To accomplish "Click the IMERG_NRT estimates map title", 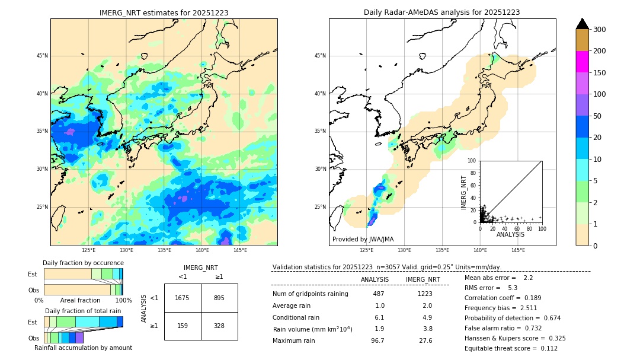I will pyautogui.click(x=164, y=12).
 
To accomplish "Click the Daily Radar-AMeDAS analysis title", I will pyautogui.click(x=442, y=12).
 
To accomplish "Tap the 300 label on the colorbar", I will pyautogui.click(x=600, y=30).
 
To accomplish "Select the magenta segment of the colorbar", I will pyautogui.click(x=583, y=62).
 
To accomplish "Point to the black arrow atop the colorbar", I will pyautogui.click(x=583, y=24).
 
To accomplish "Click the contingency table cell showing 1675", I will pyautogui.click(x=183, y=298).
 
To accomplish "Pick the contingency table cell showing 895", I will pyautogui.click(x=219, y=298).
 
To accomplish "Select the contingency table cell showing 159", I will pyautogui.click(x=183, y=326).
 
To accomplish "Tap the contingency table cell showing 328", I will pyautogui.click(x=219, y=326).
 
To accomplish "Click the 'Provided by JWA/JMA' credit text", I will pyautogui.click(x=363, y=240).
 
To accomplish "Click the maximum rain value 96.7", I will pyautogui.click(x=377, y=340).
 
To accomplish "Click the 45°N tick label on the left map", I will pyautogui.click(x=41, y=56).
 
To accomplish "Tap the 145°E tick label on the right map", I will pyautogui.click(x=518, y=250).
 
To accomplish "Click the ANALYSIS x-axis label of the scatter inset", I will pyautogui.click(x=510, y=234).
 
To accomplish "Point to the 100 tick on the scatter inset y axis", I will pyautogui.click(x=472, y=161).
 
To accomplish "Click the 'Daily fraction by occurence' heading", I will pyautogui.click(x=83, y=263).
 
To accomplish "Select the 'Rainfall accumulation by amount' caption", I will pyautogui.click(x=83, y=348).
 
